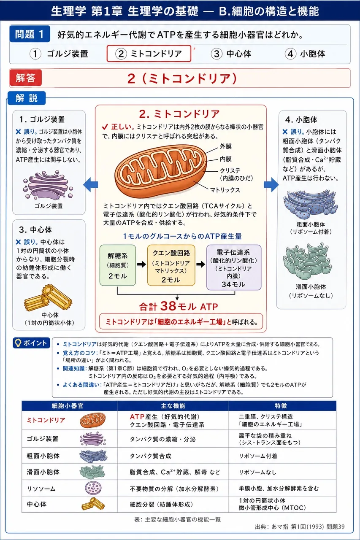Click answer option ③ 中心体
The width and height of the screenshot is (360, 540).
231,54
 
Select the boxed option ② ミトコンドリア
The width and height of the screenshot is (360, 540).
149,54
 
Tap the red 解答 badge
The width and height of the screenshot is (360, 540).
26,78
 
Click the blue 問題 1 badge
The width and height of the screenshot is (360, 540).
30,34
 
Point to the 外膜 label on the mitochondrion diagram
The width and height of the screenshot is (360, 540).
226,146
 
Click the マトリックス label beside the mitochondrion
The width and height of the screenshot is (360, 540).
225,190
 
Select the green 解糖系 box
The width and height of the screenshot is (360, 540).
118,265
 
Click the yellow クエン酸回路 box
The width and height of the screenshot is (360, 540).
171,265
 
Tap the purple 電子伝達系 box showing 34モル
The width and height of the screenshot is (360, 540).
234,267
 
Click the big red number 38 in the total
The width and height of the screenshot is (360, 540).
168,306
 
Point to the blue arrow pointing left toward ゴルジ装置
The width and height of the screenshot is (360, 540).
90,185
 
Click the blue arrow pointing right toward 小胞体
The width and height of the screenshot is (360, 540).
271,185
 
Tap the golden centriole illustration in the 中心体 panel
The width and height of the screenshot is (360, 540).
48,297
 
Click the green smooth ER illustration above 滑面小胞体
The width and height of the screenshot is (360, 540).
307,262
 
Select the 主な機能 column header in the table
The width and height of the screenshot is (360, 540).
173,406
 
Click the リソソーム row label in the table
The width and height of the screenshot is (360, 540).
41,489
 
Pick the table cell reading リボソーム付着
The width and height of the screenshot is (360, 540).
258,456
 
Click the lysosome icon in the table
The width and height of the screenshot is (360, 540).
93,488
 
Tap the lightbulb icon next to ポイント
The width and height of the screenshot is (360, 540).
18,343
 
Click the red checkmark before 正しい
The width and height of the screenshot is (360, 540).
105,127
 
